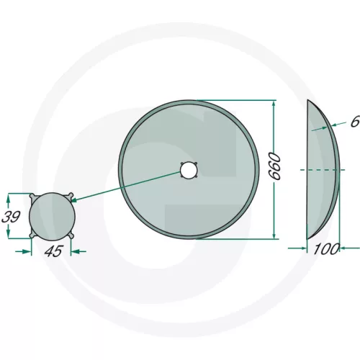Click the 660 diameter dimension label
274,166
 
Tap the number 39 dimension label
11,217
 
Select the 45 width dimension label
54,251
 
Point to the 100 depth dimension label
327,249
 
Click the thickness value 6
355,122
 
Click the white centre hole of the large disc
189,170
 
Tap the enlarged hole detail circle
52,217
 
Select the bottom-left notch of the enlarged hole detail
33,235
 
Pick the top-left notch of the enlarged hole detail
33,197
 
